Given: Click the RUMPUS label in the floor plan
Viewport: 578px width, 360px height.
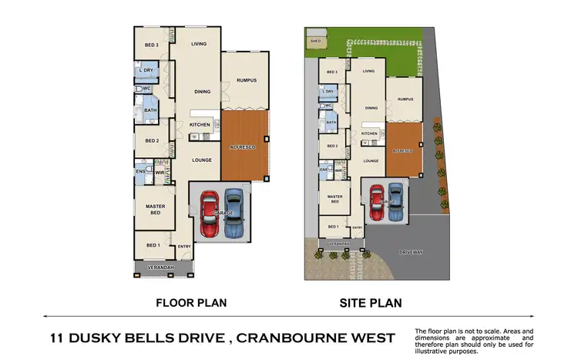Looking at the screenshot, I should (246, 81).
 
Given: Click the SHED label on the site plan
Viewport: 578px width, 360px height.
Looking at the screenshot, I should (314, 42).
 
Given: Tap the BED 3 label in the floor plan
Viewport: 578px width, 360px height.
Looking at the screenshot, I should (152, 46).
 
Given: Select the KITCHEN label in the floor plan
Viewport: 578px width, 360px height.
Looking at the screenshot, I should (200, 125).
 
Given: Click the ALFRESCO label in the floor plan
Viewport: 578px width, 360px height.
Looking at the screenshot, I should (243, 146).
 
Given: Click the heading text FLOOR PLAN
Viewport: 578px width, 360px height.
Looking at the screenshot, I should (191, 303).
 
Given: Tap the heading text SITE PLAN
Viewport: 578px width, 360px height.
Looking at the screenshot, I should (371, 303).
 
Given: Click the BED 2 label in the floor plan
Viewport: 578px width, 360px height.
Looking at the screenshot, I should (152, 141).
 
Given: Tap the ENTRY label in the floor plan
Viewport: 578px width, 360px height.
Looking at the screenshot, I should (184, 247).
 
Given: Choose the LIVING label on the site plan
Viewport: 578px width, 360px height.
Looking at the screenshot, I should (368, 71).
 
